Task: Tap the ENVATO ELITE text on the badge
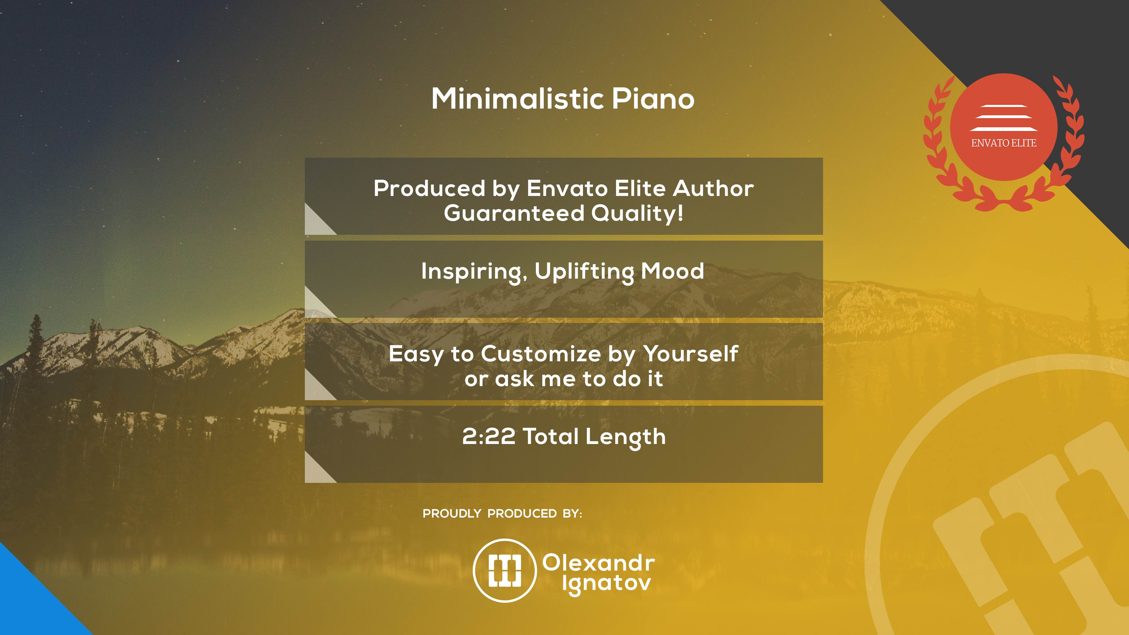coord(1004,143)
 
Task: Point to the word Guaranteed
coord(514,213)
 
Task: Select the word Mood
coord(672,271)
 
